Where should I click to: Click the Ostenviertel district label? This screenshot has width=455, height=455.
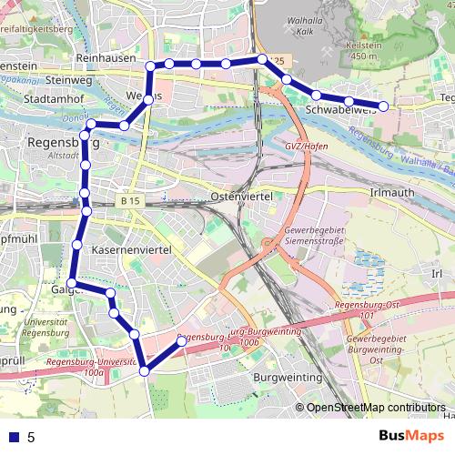point(248,197)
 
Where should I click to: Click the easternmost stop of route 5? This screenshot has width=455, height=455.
point(383,106)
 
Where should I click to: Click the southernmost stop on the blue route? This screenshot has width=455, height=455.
point(145,371)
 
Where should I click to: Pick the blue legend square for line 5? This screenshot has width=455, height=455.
point(14,437)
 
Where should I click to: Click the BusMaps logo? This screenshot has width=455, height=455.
point(413,436)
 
